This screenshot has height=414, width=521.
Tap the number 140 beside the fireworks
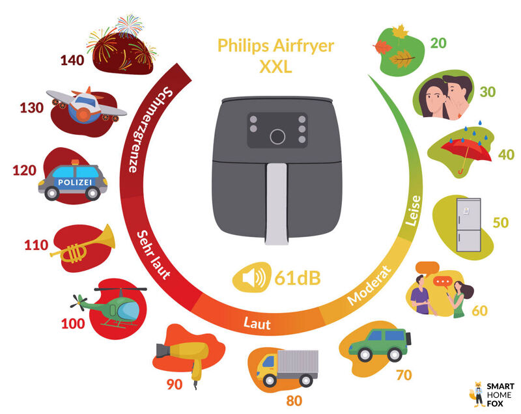pos(73,60)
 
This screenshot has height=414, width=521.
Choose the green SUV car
pos(379,342)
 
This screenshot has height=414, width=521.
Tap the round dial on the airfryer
pos(277,136)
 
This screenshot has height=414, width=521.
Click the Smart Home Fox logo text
pos(500,394)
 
